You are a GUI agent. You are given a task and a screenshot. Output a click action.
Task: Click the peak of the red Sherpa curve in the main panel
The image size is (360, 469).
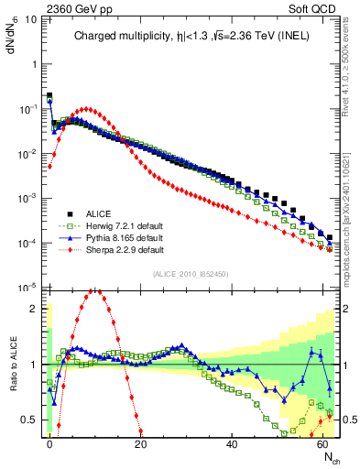86,109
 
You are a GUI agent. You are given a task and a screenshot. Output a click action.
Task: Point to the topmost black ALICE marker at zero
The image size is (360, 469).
49,95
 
